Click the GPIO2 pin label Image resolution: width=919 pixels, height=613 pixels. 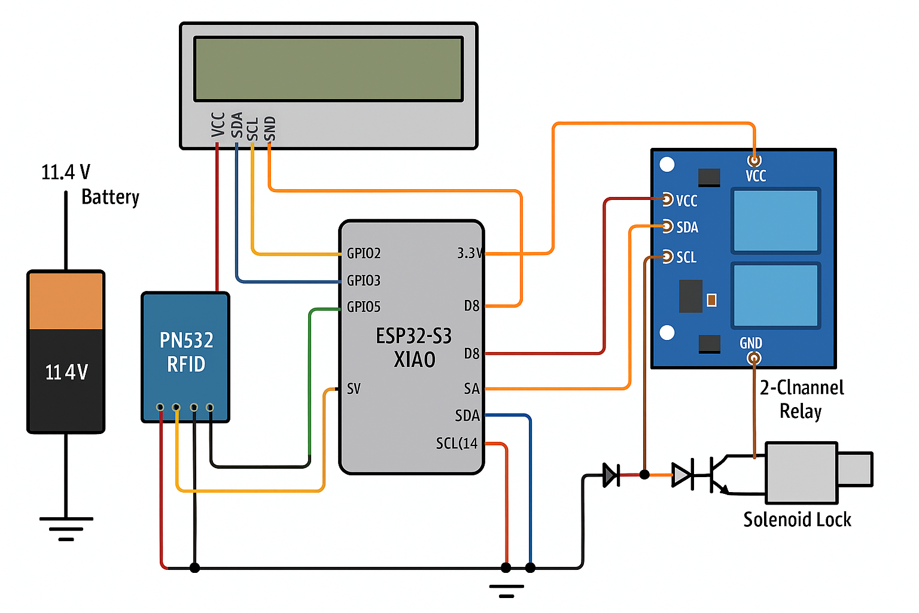point(364,253)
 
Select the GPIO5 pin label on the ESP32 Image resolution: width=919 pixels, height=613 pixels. point(364,307)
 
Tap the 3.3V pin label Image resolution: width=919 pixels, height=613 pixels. point(470,253)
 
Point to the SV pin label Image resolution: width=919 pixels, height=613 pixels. point(354,389)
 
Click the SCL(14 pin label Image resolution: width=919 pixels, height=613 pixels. point(457,444)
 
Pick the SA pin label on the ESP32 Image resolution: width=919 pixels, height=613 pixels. point(471,389)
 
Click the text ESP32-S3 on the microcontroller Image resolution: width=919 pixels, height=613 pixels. point(413,336)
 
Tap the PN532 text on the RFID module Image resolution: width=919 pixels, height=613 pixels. point(186,340)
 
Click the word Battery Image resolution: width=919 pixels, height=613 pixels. point(110,197)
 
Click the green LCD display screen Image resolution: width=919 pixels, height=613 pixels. point(328,69)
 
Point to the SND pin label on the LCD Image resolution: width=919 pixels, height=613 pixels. point(270,128)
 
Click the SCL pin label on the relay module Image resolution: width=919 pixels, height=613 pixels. point(686,257)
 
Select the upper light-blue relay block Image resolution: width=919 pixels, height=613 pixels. point(775,220)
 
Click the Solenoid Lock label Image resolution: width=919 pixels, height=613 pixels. point(797,520)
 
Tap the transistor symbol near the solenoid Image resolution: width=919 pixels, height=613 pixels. point(718,475)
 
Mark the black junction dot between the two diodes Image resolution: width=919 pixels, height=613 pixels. point(644,475)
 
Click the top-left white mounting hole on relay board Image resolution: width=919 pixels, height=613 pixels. point(667,164)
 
